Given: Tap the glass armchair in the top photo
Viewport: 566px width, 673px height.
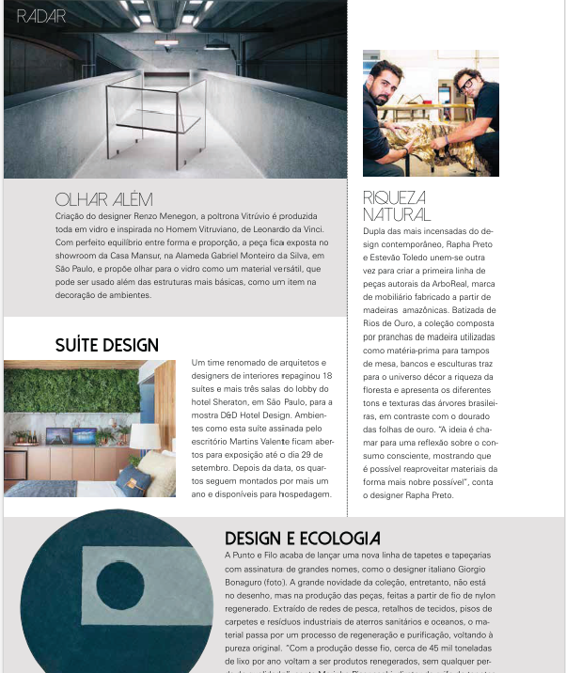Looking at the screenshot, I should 157,114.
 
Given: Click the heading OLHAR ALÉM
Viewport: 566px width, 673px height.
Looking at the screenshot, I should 103,200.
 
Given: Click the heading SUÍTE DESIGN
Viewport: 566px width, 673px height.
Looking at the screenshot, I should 107,345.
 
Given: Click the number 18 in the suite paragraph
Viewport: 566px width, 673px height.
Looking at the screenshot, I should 326,375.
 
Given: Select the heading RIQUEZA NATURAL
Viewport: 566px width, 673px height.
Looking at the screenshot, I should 395,206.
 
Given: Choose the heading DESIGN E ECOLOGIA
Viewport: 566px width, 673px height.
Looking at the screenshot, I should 303,539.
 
